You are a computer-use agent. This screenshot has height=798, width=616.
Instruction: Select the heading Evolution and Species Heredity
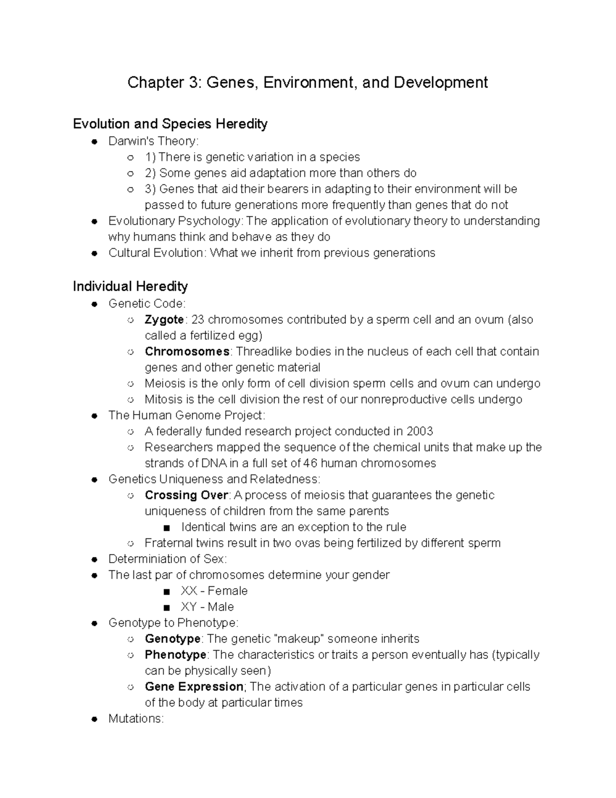[170, 124]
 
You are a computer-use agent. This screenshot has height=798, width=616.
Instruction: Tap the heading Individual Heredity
[130, 286]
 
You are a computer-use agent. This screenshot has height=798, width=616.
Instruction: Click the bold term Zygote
[164, 320]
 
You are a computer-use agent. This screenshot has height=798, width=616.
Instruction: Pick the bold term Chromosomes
[187, 351]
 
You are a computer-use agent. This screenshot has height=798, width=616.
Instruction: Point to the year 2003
[419, 431]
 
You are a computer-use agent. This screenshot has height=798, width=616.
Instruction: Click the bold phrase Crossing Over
[186, 495]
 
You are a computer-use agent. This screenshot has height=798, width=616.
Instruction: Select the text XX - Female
[214, 591]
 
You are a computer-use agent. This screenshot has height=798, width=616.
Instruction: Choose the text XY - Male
[207, 607]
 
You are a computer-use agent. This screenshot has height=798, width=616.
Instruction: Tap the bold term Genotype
[172, 639]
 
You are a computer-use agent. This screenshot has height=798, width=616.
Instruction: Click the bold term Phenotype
[176, 655]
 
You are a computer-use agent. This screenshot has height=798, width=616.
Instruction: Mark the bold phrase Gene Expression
[194, 686]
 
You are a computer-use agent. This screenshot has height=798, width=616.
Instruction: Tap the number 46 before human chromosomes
[311, 463]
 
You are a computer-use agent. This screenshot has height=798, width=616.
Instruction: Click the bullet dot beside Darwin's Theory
[94, 141]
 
